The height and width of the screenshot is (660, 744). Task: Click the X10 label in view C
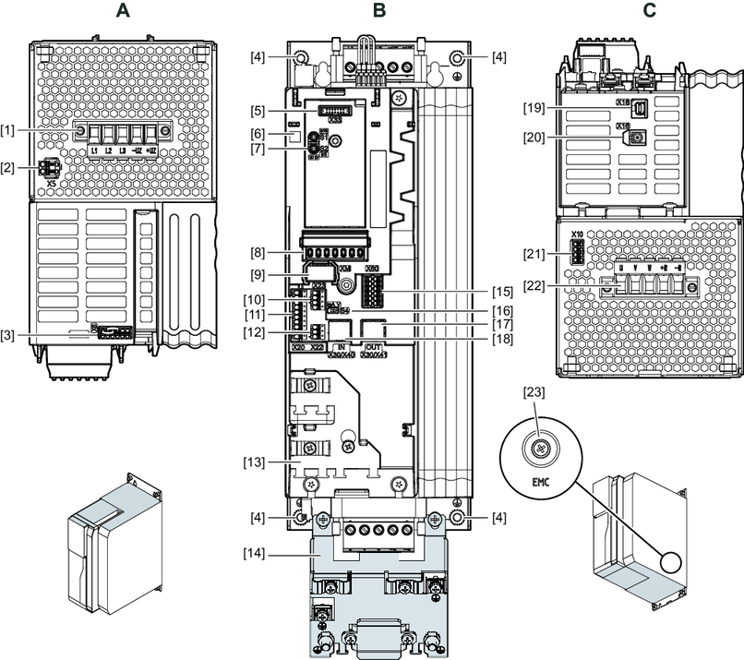pyautogui.click(x=579, y=234)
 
